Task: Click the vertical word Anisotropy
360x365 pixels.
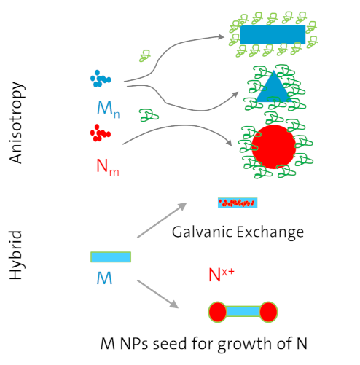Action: (17, 122)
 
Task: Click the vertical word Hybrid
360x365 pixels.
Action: (17, 255)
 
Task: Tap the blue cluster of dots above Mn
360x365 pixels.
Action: (101, 79)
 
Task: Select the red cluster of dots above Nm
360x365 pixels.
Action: (101, 133)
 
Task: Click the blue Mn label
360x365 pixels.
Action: (109, 109)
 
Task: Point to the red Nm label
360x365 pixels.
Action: (108, 167)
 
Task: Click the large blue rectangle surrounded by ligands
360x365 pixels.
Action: (273, 34)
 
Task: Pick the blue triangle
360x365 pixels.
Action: (274, 87)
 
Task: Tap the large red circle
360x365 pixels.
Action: (274, 146)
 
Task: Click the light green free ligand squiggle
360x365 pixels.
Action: (145, 55)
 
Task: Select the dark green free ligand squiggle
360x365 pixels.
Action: (149, 115)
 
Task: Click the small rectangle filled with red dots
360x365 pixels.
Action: (238, 203)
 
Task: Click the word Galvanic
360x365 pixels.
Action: (203, 232)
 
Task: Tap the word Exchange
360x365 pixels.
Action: (270, 232)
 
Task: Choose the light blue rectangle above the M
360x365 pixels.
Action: (111, 257)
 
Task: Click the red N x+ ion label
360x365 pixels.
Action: (222, 275)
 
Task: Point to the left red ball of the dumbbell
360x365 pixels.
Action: (218, 312)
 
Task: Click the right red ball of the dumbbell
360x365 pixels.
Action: (268, 312)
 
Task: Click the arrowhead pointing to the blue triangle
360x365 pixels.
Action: (235, 95)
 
